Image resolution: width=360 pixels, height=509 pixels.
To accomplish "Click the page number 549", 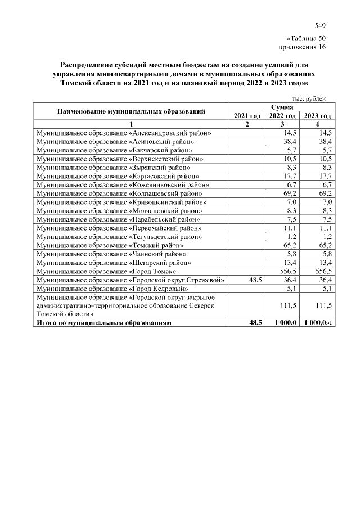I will point(320,25).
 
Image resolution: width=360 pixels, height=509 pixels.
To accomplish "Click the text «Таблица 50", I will point(306,39).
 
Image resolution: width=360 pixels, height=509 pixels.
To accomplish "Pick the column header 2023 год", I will point(317,116).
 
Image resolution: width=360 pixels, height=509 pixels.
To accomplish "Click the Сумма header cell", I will point(281,107).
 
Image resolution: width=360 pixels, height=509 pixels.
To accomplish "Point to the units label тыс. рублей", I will point(313,98).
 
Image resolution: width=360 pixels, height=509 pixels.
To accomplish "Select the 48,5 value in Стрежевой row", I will point(255,280).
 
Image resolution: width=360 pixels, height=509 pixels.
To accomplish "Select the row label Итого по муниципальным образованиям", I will point(103,323).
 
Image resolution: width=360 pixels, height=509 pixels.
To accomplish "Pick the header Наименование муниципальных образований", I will point(130,111).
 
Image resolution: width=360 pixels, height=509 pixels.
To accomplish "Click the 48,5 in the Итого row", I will point(255,323).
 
